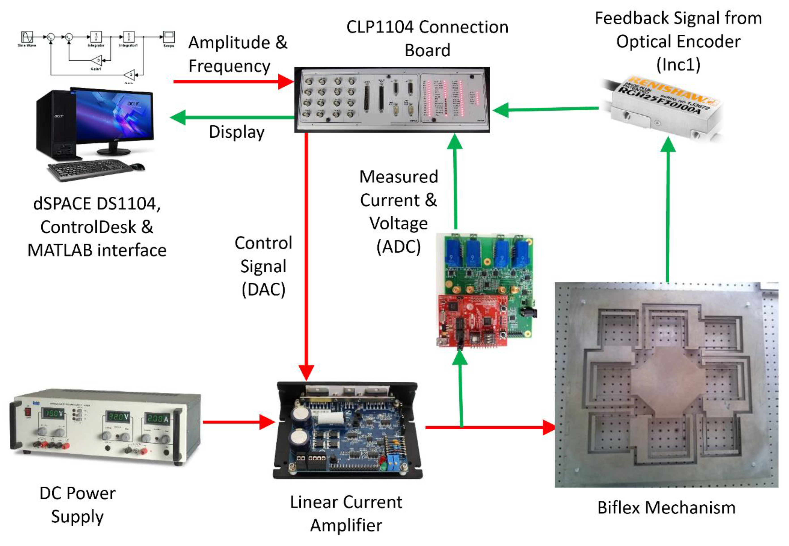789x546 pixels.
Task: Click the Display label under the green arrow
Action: coord(237,132)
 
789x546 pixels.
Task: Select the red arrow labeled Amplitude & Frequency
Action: coord(233,81)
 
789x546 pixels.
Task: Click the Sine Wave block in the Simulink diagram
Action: coord(27,37)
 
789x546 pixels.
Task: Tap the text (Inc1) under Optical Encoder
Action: coord(678,64)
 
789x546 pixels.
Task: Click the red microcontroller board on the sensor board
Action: coord(473,320)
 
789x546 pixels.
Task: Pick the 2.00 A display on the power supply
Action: coord(158,418)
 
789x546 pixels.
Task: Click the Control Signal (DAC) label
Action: coord(263,266)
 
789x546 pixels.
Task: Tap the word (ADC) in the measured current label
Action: coord(398,247)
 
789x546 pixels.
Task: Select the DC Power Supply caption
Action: coord(78,505)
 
